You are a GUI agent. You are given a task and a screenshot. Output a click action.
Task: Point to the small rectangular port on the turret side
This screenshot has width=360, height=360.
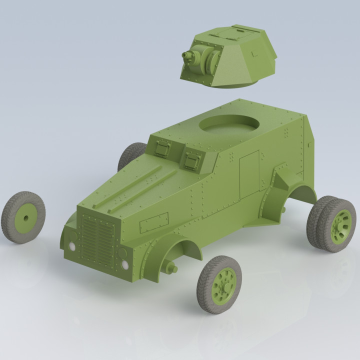pyautogui.click(x=255, y=53)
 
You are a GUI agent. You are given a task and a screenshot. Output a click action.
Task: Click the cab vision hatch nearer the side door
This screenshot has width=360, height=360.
pyautogui.click(x=192, y=159)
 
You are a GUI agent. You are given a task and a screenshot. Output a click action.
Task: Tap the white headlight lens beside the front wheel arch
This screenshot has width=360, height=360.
pyautogui.click(x=124, y=264)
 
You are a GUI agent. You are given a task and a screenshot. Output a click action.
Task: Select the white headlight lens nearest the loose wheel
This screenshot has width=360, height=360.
pyautogui.click(x=73, y=246)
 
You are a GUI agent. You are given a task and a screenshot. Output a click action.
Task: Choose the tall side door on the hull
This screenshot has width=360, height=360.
pyautogui.click(x=249, y=172)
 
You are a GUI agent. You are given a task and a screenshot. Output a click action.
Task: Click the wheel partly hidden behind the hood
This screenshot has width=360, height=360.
pyautogui.click(x=131, y=155)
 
